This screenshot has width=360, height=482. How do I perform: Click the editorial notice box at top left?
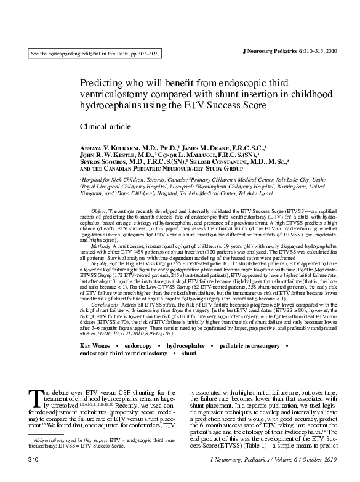click(95, 54)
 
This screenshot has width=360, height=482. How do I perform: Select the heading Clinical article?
click(105, 127)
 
